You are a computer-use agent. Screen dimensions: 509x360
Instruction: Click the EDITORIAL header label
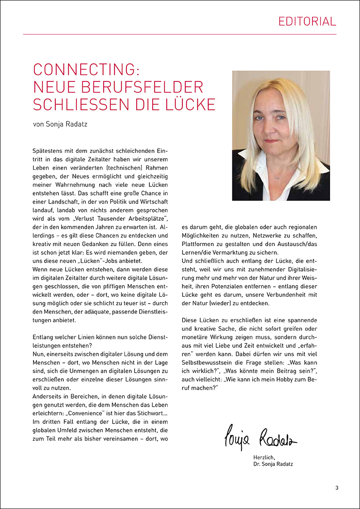pos(307,21)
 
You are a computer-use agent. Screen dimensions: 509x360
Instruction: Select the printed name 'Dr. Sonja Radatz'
pos(274,465)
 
